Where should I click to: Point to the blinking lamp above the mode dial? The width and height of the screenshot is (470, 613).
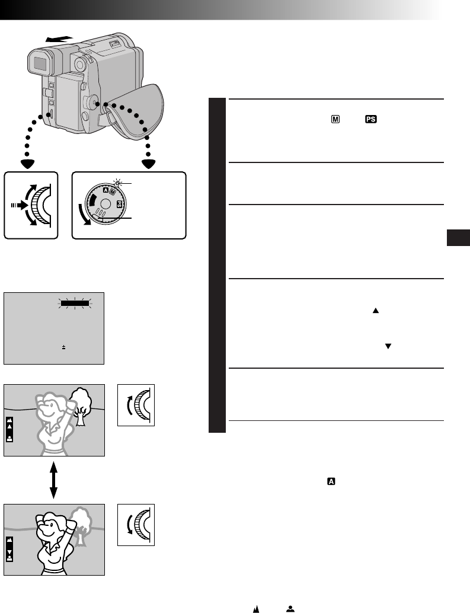pyautogui.click(x=117, y=184)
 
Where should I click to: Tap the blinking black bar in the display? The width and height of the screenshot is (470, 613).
pyautogui.click(x=74, y=303)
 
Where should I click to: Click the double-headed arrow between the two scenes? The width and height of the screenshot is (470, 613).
pyautogui.click(x=54, y=479)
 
